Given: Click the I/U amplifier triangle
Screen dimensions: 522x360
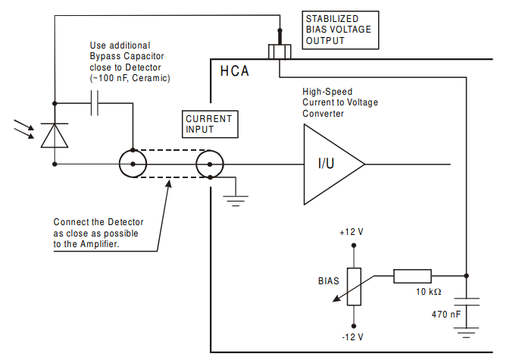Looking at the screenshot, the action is pyautogui.click(x=334, y=164).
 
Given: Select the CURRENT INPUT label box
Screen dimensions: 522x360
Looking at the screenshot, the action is pyautogui.click(x=210, y=124).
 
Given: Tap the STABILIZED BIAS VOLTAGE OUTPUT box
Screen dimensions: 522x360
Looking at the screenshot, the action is pyautogui.click(x=340, y=30).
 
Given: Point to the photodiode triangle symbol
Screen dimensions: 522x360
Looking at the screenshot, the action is pyautogui.click(x=55, y=135).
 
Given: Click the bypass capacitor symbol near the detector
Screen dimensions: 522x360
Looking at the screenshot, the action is pyautogui.click(x=95, y=103).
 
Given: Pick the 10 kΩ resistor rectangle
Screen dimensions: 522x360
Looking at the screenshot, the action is pyautogui.click(x=412, y=276).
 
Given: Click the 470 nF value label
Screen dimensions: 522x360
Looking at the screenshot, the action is pyautogui.click(x=446, y=315).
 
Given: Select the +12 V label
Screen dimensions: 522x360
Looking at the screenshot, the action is pyautogui.click(x=352, y=232).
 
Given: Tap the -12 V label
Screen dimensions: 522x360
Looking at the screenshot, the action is pyautogui.click(x=352, y=337).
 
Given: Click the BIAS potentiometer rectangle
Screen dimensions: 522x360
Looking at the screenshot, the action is pyautogui.click(x=354, y=286).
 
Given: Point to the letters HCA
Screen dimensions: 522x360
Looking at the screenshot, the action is pyautogui.click(x=234, y=71).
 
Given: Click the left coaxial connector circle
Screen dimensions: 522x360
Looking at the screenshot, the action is pyautogui.click(x=133, y=164).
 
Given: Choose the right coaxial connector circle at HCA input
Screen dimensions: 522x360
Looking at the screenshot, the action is pyautogui.click(x=210, y=164).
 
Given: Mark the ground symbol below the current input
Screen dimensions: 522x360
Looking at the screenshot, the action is pyautogui.click(x=236, y=201).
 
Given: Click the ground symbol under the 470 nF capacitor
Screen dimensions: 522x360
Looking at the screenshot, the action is pyautogui.click(x=467, y=333).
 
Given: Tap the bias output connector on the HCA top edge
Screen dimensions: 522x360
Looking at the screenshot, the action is pyautogui.click(x=280, y=52).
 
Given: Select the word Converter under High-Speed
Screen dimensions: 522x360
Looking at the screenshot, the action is pyautogui.click(x=323, y=114).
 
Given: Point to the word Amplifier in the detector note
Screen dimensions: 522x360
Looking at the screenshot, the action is pyautogui.click(x=99, y=244).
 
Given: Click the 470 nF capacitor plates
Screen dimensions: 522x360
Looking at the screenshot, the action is pyautogui.click(x=467, y=302).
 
